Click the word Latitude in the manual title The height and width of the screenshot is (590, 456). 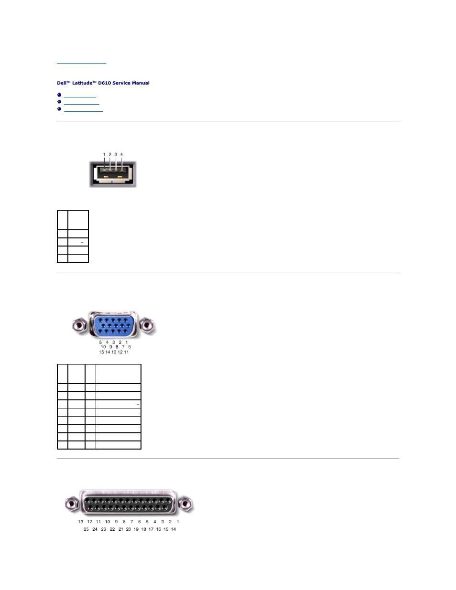[82, 83]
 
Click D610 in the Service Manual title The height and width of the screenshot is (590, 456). [105, 83]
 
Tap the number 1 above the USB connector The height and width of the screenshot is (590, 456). [104, 154]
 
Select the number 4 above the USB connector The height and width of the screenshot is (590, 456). [121, 154]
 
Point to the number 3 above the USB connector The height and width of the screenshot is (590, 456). [116, 154]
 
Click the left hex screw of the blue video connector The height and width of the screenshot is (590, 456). [79, 326]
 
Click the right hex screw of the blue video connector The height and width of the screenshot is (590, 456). [148, 326]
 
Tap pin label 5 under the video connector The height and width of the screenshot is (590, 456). [100, 342]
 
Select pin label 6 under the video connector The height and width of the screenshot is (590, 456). [130, 347]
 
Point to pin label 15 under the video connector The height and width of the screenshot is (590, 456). [101, 352]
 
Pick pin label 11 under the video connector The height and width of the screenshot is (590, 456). [126, 352]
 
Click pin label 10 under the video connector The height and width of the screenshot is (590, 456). [103, 347]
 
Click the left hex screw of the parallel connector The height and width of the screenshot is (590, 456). [72, 503]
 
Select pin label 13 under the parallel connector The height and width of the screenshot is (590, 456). [81, 522]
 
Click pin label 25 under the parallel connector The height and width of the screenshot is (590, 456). [86, 529]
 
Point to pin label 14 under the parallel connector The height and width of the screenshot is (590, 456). [173, 529]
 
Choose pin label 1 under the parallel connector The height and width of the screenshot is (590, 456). [178, 522]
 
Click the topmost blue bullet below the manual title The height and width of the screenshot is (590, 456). [59, 95]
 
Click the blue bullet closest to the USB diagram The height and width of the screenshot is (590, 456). [59, 109]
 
